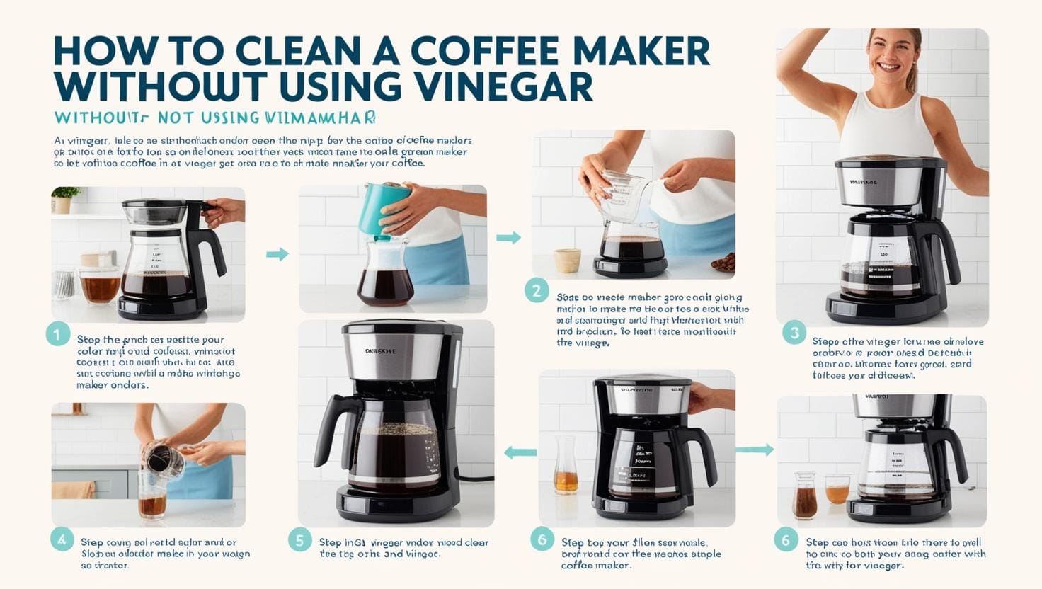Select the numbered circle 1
tap(58, 334)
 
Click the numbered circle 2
tap(537, 290)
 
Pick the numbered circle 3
tap(794, 333)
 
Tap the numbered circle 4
tap(62, 540)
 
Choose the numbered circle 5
tap(300, 541)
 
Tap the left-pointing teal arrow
tap(520, 452)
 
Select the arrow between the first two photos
tap(277, 253)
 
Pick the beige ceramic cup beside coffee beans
tap(567, 260)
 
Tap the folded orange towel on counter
tap(73, 490)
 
